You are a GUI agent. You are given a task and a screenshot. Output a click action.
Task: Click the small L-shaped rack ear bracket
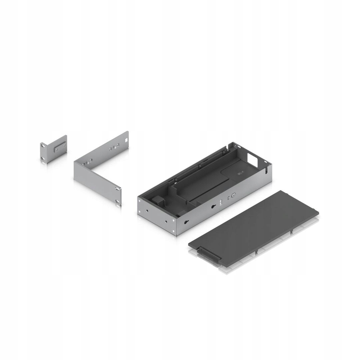[x=53, y=149]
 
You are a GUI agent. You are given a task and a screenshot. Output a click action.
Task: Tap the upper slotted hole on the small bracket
[x=43, y=145]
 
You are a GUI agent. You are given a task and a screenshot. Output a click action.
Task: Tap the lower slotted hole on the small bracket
[x=43, y=158]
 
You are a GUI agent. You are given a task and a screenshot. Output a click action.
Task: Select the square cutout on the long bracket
[x=126, y=140]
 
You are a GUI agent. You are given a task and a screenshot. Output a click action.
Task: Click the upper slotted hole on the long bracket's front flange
[x=117, y=189]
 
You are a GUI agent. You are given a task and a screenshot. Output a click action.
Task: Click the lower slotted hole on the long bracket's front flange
[x=117, y=201]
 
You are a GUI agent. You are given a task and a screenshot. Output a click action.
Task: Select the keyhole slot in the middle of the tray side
[x=213, y=207]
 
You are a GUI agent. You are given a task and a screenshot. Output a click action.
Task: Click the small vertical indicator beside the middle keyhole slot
[x=220, y=202]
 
